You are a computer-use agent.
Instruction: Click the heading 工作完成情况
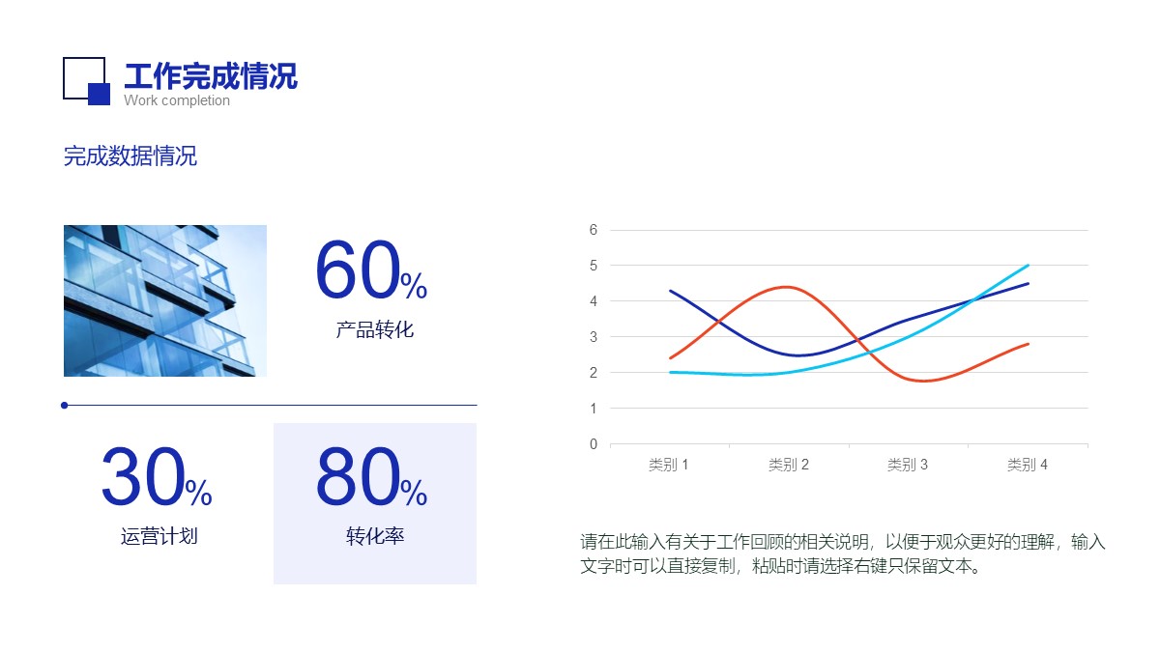pyautogui.click(x=211, y=76)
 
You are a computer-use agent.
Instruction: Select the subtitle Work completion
pyautogui.click(x=177, y=100)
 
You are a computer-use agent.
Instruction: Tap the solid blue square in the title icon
pyautogui.click(x=99, y=94)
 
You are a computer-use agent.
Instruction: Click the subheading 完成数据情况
pyautogui.click(x=130, y=156)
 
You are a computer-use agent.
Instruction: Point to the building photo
pyautogui.click(x=165, y=300)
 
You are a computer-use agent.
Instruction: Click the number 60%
pyautogui.click(x=371, y=270)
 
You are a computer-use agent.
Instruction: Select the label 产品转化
pyautogui.click(x=374, y=329)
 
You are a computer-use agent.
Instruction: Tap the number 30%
pyautogui.click(x=157, y=476)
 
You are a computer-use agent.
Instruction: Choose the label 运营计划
pyautogui.click(x=159, y=536)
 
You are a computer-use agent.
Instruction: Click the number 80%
pyautogui.click(x=371, y=476)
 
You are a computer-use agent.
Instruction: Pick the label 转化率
pyautogui.click(x=375, y=536)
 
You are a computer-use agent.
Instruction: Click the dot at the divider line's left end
pyautogui.click(x=64, y=405)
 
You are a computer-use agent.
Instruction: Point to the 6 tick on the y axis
pyautogui.click(x=594, y=230)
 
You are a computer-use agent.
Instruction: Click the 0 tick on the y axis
pyautogui.click(x=594, y=444)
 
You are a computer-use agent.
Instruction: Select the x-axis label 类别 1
pyautogui.click(x=669, y=465)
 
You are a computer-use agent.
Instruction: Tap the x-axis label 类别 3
pyautogui.click(x=908, y=465)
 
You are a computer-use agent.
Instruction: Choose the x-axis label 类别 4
pyautogui.click(x=1027, y=465)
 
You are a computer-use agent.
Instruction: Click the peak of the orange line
pyautogui.click(x=787, y=287)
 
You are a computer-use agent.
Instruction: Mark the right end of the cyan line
pyautogui.click(x=1028, y=266)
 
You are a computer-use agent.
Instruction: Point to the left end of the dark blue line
pyautogui.click(x=671, y=291)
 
